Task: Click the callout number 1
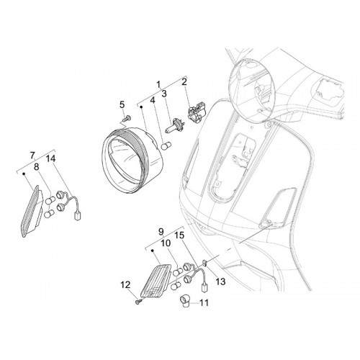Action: pyautogui.click(x=158, y=84)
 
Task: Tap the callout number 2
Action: pyautogui.click(x=184, y=82)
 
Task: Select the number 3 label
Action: pyautogui.click(x=164, y=94)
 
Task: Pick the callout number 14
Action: pyautogui.click(x=51, y=158)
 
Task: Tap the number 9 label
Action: pyautogui.click(x=161, y=232)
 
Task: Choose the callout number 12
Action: pyautogui.click(x=125, y=285)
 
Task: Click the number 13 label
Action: pyautogui.click(x=220, y=282)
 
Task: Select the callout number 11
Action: pyautogui.click(x=204, y=303)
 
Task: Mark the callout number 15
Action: pyautogui.click(x=179, y=235)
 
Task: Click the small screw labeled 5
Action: pyautogui.click(x=127, y=118)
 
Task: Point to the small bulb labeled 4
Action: pyautogui.click(x=166, y=146)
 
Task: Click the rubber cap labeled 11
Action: pyautogui.click(x=185, y=301)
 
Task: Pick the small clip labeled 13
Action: pyautogui.click(x=206, y=263)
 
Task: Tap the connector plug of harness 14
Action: pyautogui.click(x=78, y=217)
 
